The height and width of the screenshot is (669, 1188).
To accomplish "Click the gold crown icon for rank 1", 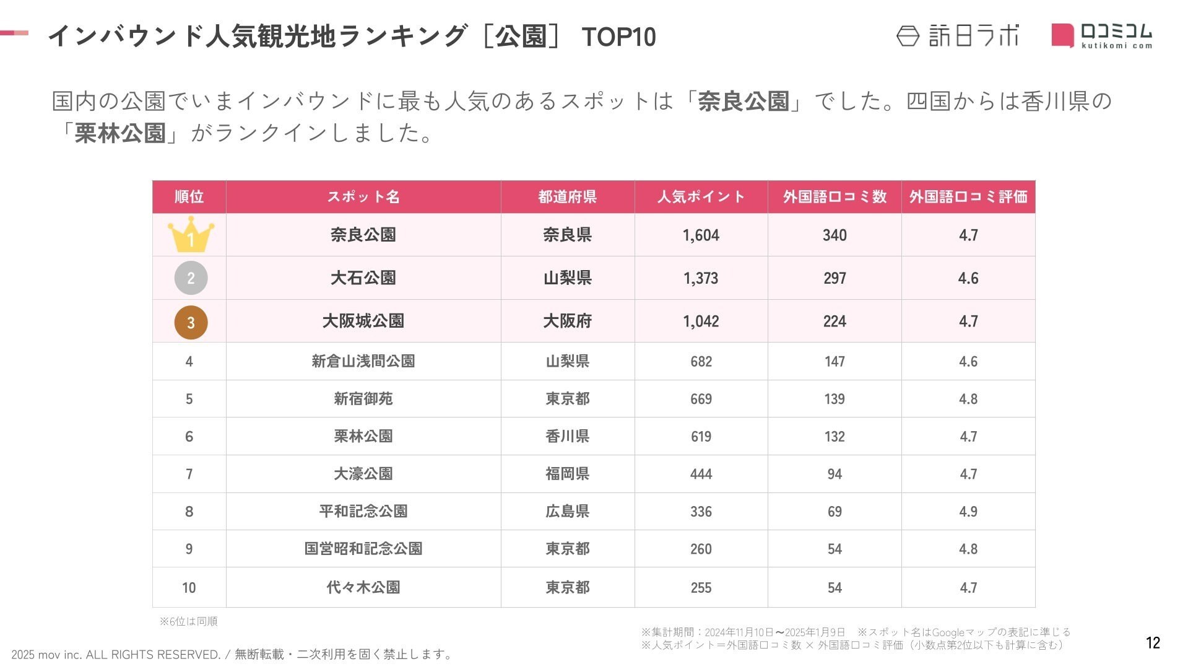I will tap(191, 234).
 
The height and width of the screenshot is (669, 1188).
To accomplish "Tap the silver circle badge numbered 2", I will tap(191, 278).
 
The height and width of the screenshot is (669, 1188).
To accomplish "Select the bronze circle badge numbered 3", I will tap(191, 322).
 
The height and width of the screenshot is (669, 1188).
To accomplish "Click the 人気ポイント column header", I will tap(701, 197).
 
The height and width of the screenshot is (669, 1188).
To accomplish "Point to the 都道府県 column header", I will tap(567, 197).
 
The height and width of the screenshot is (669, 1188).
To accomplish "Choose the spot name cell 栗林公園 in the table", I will tap(363, 436).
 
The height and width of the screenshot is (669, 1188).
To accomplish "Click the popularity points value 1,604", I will tap(701, 235).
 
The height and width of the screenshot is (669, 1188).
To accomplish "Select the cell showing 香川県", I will tap(567, 436).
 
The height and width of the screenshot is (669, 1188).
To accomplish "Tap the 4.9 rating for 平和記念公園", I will tap(968, 512).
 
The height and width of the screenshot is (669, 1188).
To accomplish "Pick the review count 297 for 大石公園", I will tap(835, 278).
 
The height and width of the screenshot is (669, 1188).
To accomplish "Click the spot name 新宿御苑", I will tap(363, 399).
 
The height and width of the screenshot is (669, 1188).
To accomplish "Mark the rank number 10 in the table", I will tap(189, 587).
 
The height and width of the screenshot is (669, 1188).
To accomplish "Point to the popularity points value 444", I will tap(701, 474).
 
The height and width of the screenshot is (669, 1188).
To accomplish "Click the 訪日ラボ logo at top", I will tap(958, 35).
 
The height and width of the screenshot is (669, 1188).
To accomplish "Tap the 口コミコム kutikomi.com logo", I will tap(1102, 35).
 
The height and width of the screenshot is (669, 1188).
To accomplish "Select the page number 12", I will tap(1153, 643).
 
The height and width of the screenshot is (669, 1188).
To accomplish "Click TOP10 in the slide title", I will tap(618, 37).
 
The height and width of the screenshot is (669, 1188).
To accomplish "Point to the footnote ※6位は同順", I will tap(188, 621).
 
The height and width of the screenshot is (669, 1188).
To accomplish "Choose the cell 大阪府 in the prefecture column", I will tap(567, 321).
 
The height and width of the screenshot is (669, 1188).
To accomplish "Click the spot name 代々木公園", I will tap(363, 587).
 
